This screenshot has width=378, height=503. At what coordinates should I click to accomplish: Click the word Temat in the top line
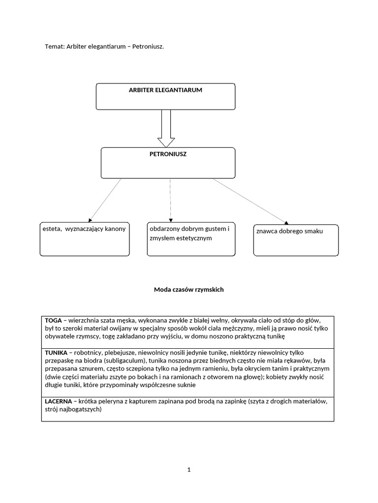point(54,46)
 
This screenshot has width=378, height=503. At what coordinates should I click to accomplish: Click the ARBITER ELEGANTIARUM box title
point(165,90)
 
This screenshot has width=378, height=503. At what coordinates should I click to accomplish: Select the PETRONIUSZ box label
point(168,154)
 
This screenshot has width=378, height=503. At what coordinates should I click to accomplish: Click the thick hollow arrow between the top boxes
point(166,128)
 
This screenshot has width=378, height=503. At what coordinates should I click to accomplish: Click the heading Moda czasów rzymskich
point(189,290)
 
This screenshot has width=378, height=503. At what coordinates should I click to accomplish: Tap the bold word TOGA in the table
point(53,320)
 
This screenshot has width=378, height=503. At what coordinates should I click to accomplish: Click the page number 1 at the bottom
point(189,470)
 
